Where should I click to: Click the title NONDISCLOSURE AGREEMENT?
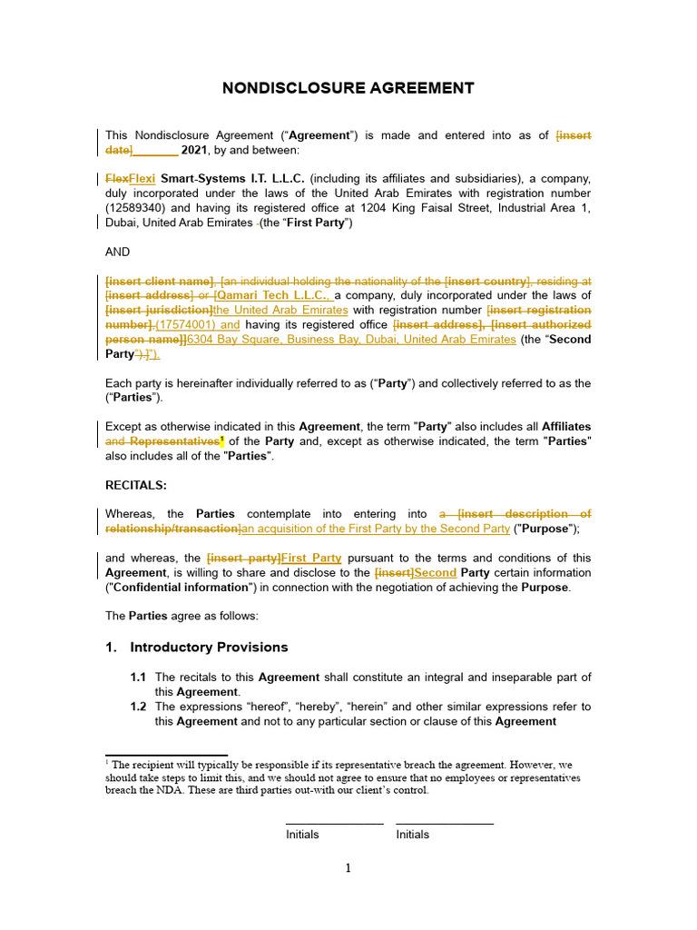tap(348, 88)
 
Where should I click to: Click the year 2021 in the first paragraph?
tap(194, 150)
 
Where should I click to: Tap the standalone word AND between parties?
tap(118, 252)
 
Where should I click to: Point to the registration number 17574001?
tap(187, 324)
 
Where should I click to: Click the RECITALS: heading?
tap(136, 485)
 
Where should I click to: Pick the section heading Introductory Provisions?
tap(209, 648)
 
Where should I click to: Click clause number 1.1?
tap(138, 678)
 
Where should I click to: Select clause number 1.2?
tap(138, 707)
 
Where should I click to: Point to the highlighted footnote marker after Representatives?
tap(221, 440)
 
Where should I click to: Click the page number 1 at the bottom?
tap(348, 869)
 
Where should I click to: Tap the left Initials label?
tap(302, 835)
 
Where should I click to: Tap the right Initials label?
tap(413, 835)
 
